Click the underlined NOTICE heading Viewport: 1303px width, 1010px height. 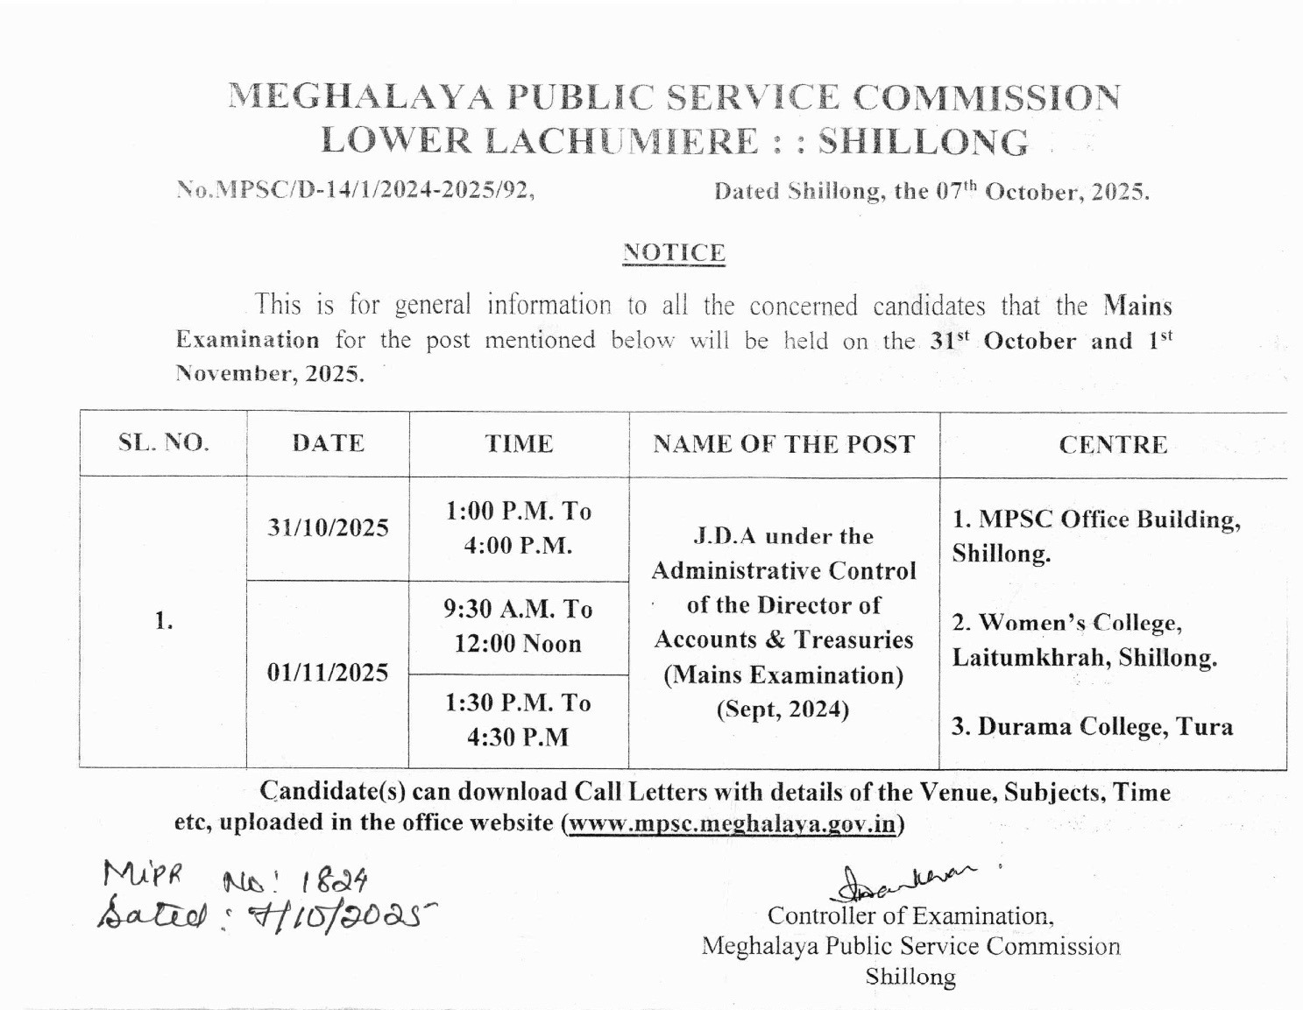(x=674, y=253)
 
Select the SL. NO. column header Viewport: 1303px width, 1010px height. (x=164, y=443)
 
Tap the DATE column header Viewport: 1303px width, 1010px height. (x=329, y=443)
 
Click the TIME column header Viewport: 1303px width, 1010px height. (x=519, y=444)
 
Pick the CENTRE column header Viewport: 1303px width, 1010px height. (x=1113, y=445)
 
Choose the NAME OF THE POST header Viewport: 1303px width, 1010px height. (x=783, y=444)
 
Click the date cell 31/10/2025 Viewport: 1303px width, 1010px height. (x=329, y=528)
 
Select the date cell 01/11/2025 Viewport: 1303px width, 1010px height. (x=328, y=673)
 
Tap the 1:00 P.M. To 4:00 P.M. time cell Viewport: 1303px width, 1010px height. (x=519, y=528)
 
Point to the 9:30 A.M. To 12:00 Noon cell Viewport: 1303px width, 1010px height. (x=519, y=626)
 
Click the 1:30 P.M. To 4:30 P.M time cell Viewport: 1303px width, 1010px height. (x=519, y=720)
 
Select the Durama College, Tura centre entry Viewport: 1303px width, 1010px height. (x=1092, y=727)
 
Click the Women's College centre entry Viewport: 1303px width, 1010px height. (x=1084, y=640)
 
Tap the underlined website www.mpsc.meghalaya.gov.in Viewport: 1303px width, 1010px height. (x=733, y=824)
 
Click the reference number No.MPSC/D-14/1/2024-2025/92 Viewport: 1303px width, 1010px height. (x=355, y=190)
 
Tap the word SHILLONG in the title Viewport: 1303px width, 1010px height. (x=923, y=142)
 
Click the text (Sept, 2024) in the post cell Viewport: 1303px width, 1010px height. (x=783, y=710)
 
